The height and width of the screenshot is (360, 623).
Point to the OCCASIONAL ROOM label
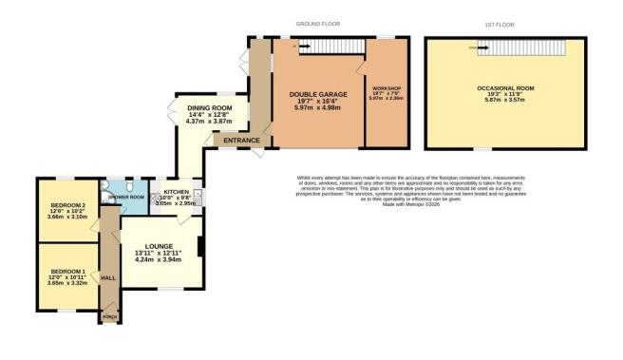tap(505, 87)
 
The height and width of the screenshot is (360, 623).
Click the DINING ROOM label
tap(210, 108)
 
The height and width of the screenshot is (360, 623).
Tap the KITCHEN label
tap(176, 191)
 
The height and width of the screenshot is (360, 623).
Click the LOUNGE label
tap(159, 245)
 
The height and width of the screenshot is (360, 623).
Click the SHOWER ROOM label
tap(125, 197)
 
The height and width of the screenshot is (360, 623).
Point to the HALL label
tap(107, 278)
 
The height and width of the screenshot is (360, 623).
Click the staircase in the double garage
tap(318, 47)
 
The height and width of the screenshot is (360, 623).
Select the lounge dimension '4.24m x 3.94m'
tap(159, 259)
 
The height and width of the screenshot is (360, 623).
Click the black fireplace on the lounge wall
tap(199, 248)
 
